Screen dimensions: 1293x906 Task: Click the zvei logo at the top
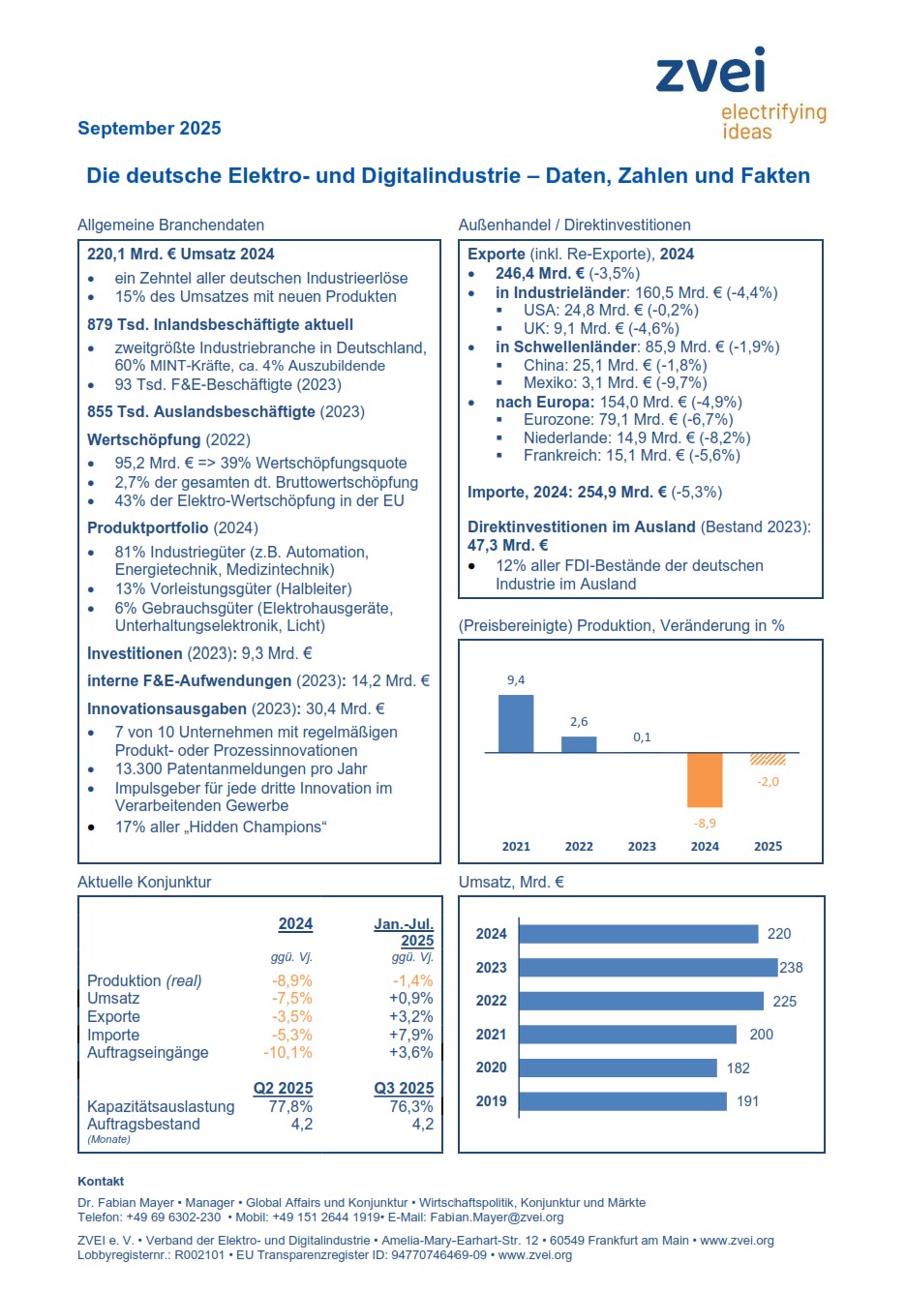pos(711,73)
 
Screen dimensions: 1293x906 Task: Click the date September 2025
pos(149,129)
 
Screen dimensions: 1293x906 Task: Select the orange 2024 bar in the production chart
pos(705,779)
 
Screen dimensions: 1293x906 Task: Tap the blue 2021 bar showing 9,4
pos(516,723)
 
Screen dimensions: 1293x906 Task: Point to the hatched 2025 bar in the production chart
pos(768,759)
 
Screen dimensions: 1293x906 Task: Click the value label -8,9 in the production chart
pos(705,824)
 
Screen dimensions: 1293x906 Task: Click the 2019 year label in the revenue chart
pos(491,1101)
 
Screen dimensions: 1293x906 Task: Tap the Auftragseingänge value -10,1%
pos(287,1053)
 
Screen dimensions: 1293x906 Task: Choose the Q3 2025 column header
pos(404,1089)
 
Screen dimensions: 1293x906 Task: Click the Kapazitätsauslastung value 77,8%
pos(290,1107)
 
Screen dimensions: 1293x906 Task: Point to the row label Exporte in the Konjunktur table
pos(113,1017)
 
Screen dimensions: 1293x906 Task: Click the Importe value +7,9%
pos(411,1036)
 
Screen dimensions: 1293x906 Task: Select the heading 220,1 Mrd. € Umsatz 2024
pos(181,255)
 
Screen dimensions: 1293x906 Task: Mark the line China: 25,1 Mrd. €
pos(615,366)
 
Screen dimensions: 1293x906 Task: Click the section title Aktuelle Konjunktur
pos(144,883)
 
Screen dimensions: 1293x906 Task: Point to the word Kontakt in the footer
pos(101,1182)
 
